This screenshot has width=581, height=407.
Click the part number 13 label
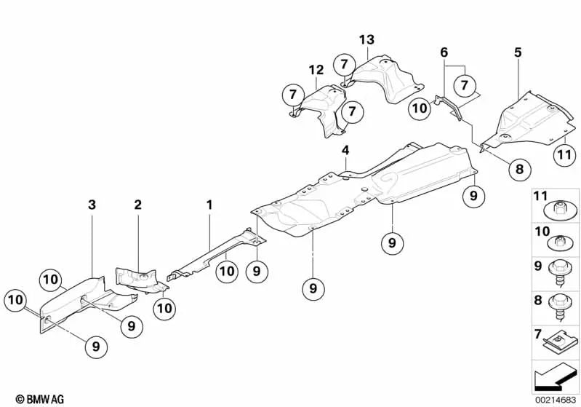pyautogui.click(x=366, y=39)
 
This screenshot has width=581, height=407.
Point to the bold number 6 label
pyautogui.click(x=444, y=52)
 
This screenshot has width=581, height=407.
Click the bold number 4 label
pyautogui.click(x=346, y=151)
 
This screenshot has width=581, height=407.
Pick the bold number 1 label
pyautogui.click(x=209, y=206)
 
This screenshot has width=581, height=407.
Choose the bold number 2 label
pyautogui.click(x=137, y=206)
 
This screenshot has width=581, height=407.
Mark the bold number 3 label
pyautogui.click(x=92, y=207)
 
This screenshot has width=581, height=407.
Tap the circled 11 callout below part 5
pyautogui.click(x=564, y=154)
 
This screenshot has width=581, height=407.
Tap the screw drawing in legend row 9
pyautogui.click(x=561, y=272)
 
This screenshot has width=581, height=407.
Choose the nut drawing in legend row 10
pyautogui.click(x=561, y=242)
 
